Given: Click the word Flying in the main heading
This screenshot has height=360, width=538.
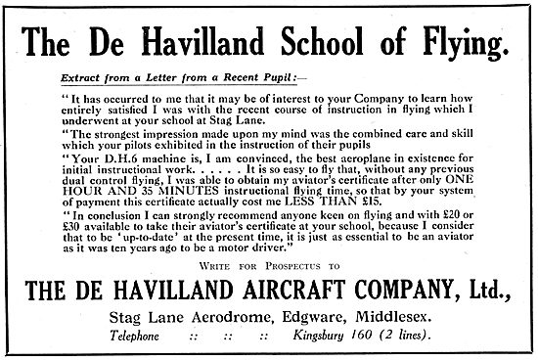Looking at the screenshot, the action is click(457, 44).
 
